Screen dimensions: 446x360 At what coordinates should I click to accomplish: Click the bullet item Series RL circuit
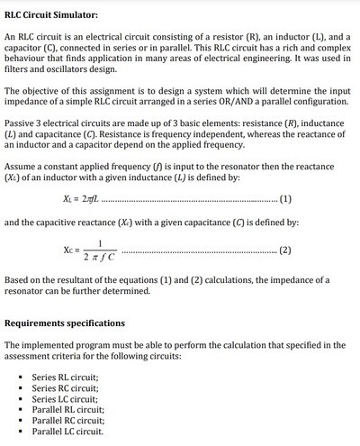pyautogui.click(x=65, y=376)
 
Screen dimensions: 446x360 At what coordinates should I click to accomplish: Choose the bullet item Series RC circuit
pyautogui.click(x=65, y=387)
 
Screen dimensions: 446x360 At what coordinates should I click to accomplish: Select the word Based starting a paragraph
pyautogui.click(x=19, y=279)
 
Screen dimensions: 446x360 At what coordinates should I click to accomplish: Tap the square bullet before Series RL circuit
pyautogui.click(x=20, y=377)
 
